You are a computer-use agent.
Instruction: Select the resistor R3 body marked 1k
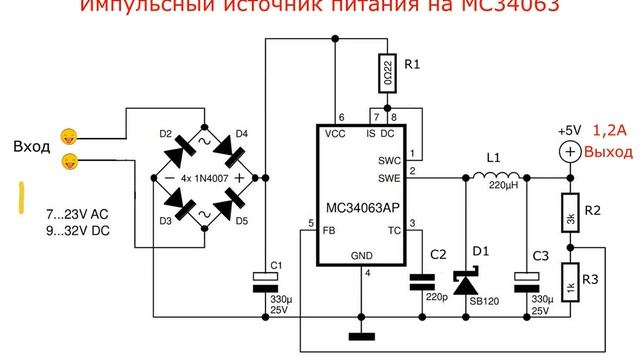click(568, 281)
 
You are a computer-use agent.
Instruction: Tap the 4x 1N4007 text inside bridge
click(204, 177)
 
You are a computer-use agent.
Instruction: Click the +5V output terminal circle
click(568, 150)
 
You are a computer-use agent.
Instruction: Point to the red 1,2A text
click(610, 130)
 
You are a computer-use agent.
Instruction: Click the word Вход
click(31, 147)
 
